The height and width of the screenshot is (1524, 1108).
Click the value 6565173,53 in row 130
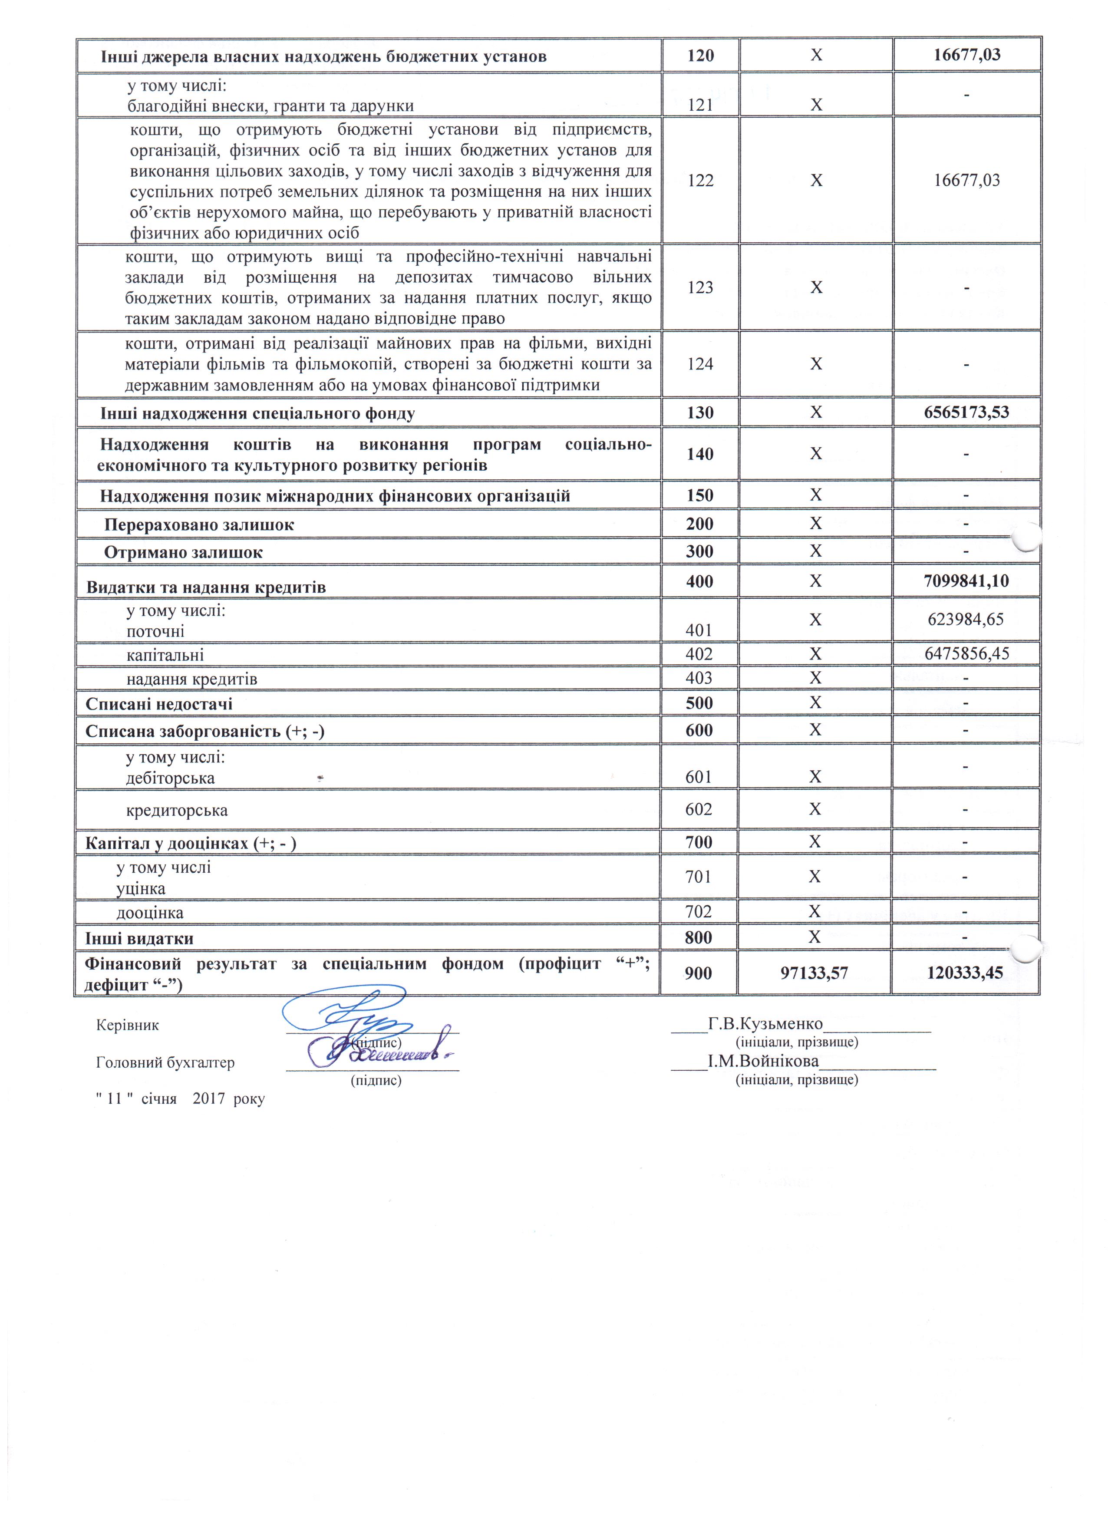point(966,412)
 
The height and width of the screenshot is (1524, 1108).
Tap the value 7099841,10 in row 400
point(966,581)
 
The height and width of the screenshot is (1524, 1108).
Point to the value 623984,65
point(966,619)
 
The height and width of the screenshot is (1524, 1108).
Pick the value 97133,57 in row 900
point(815,973)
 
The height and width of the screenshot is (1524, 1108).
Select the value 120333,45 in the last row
point(965,973)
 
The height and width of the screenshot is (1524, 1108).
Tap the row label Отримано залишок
point(183,552)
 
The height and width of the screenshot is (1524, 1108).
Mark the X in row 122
point(816,180)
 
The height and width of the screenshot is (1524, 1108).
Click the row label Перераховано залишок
point(199,524)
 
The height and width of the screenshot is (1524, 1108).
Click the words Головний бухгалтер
point(165,1062)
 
